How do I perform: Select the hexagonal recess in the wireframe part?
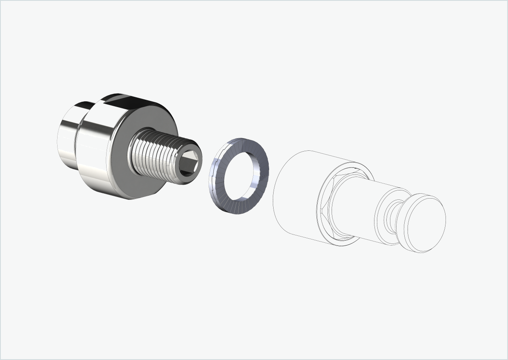(327, 208)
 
